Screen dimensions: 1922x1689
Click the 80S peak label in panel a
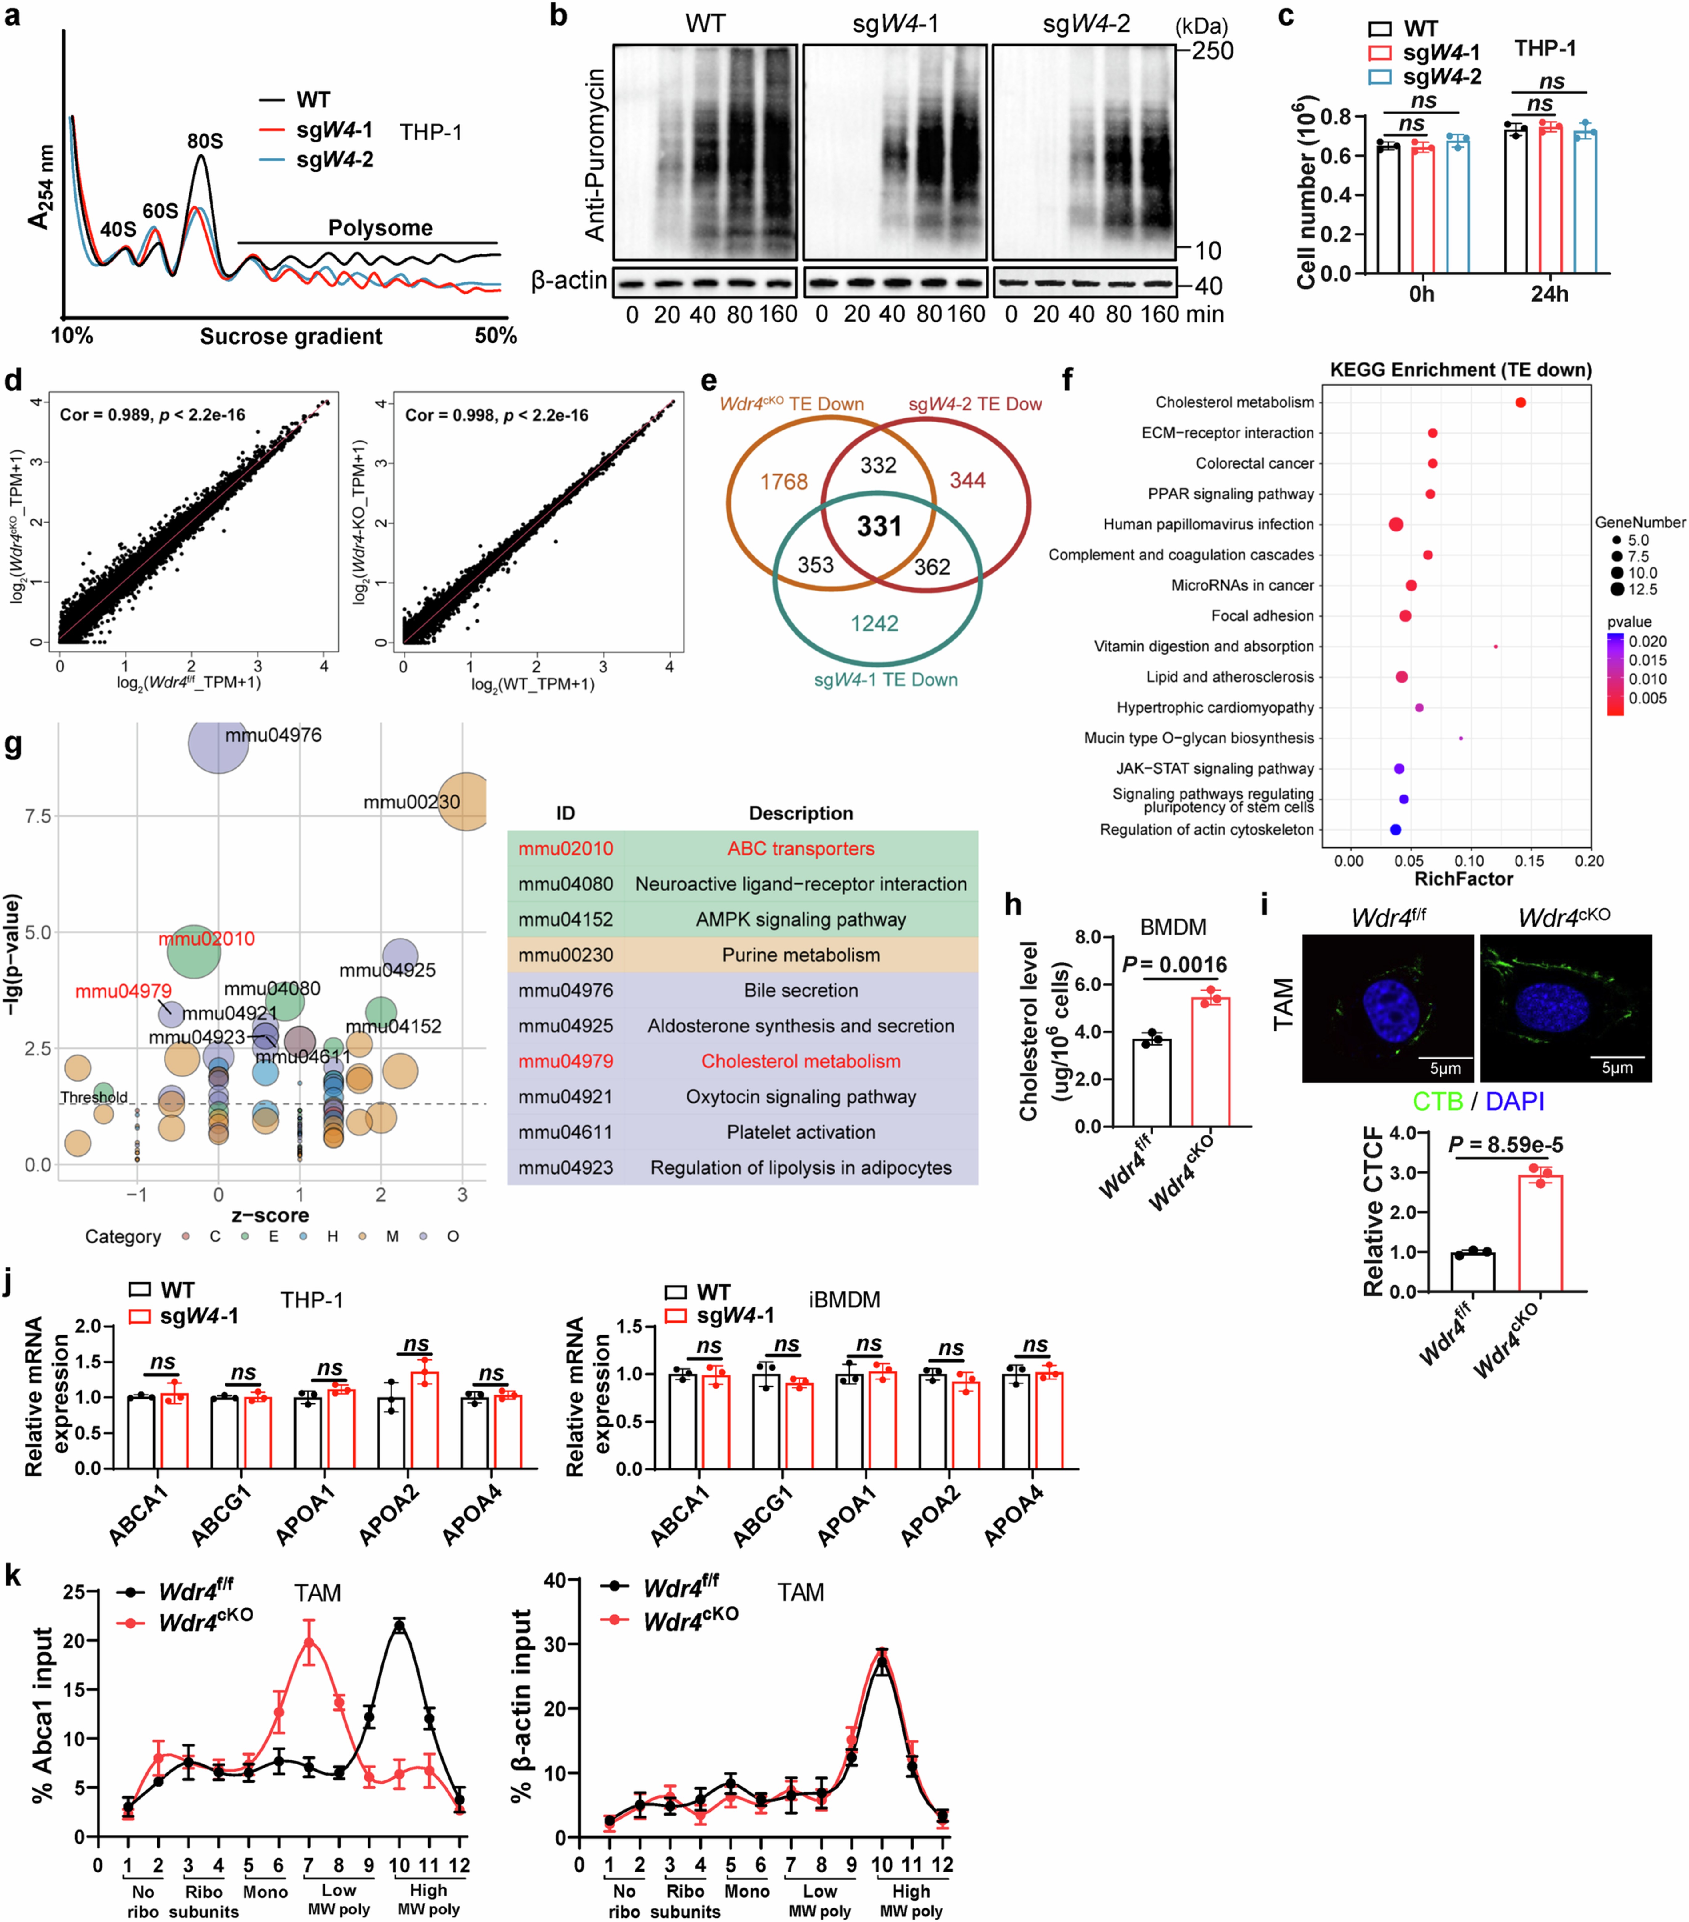pyautogui.click(x=205, y=141)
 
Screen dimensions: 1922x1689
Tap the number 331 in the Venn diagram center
pyautogui.click(x=879, y=527)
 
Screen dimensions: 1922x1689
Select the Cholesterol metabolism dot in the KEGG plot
pyautogui.click(x=1520, y=402)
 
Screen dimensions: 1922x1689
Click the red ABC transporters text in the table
pyautogui.click(x=801, y=848)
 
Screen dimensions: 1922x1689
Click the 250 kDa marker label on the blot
pyautogui.click(x=1213, y=51)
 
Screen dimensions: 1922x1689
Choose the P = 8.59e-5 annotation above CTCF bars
pyautogui.click(x=1505, y=1144)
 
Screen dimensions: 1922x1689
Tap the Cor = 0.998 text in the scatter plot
pyautogui.click(x=496, y=415)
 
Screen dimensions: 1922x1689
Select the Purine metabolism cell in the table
pyautogui.click(x=801, y=955)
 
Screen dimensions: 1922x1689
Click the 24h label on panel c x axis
pyautogui.click(x=1549, y=294)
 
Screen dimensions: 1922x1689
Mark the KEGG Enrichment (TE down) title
pyautogui.click(x=1460, y=370)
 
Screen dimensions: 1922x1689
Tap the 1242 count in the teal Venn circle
pyautogui.click(x=874, y=623)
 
